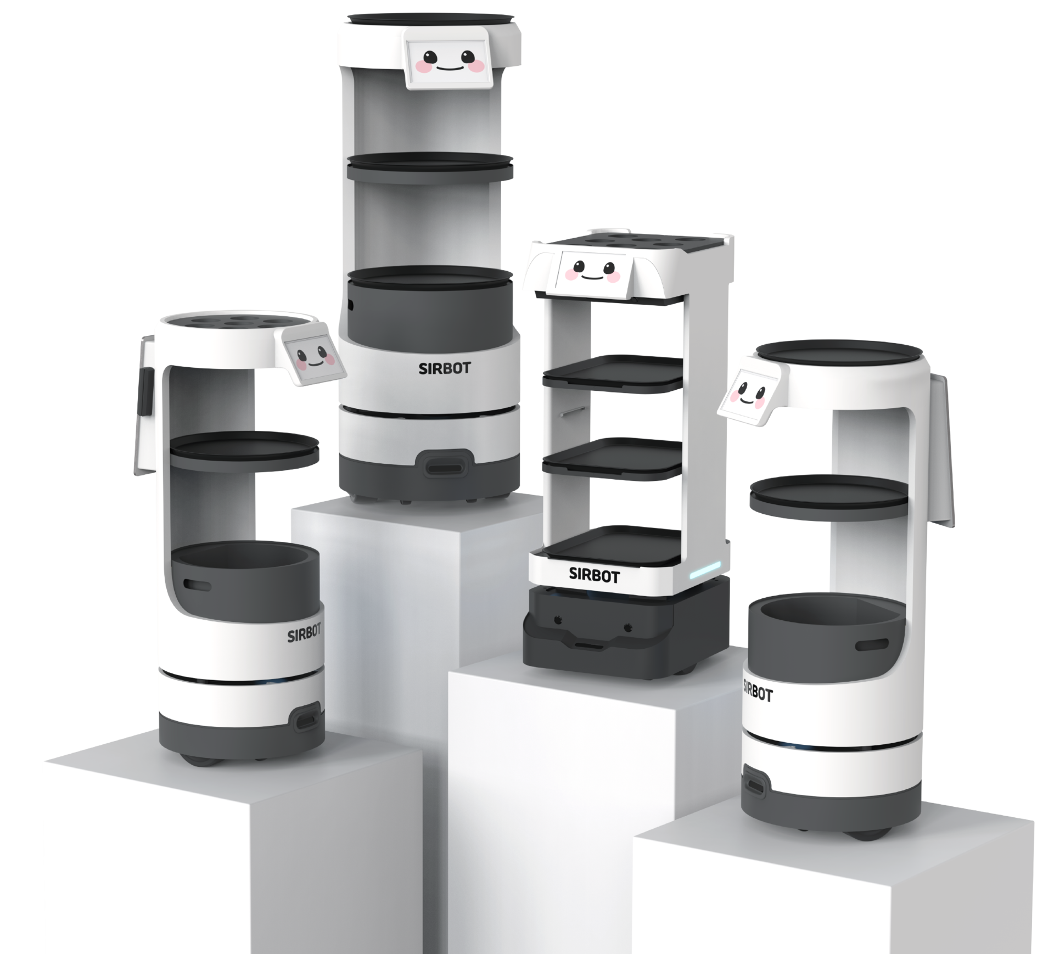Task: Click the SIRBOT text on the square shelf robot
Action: click(594, 576)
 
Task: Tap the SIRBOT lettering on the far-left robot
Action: click(304, 633)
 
